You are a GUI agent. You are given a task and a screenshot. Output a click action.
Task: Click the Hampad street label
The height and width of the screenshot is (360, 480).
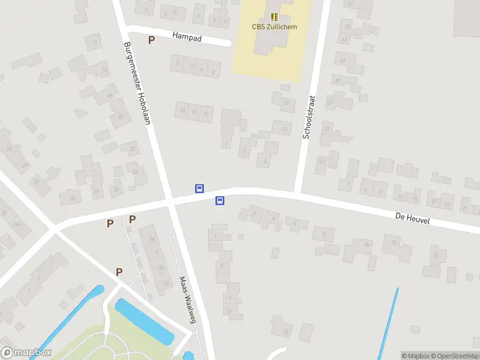[x=187, y=37]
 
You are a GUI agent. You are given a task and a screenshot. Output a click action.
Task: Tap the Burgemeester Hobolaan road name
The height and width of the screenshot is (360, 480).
[x=136, y=83]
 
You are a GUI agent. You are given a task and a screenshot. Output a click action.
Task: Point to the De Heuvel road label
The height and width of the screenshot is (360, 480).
[x=413, y=219]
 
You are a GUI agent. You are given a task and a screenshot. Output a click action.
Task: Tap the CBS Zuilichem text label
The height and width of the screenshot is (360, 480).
[x=274, y=26]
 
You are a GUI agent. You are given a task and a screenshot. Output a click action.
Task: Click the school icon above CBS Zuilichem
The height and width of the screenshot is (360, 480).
[x=274, y=17]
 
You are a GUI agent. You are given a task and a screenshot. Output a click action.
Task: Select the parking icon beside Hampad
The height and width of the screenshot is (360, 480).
[x=152, y=40]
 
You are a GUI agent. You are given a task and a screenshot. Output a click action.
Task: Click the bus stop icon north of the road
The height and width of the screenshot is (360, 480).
[x=199, y=188]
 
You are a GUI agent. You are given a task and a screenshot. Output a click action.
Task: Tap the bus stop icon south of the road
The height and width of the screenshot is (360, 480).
[x=220, y=201]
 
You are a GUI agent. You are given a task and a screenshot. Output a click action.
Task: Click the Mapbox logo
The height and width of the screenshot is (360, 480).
[x=26, y=353]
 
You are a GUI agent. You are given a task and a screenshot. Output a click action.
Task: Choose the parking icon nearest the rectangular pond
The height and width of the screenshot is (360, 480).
[x=119, y=272]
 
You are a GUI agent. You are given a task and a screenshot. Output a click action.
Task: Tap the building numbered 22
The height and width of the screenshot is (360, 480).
[x=131, y=148]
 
